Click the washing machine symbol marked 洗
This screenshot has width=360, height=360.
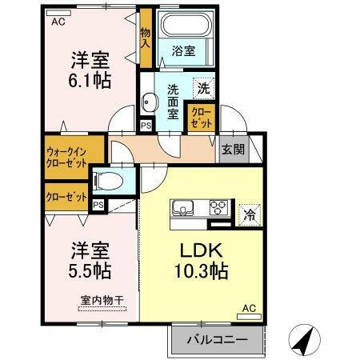pyautogui.click(x=204, y=88)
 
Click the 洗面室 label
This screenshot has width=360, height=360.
pyautogui.click(x=173, y=101)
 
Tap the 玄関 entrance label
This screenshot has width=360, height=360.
pyautogui.click(x=233, y=149)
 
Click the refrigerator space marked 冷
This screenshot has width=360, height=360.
pyautogui.click(x=250, y=214)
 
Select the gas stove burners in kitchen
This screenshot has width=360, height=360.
pyautogui.click(x=217, y=206)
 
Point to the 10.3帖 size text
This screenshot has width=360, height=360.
pyautogui.click(x=202, y=270)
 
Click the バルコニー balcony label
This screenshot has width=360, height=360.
pyautogui.click(x=217, y=338)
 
